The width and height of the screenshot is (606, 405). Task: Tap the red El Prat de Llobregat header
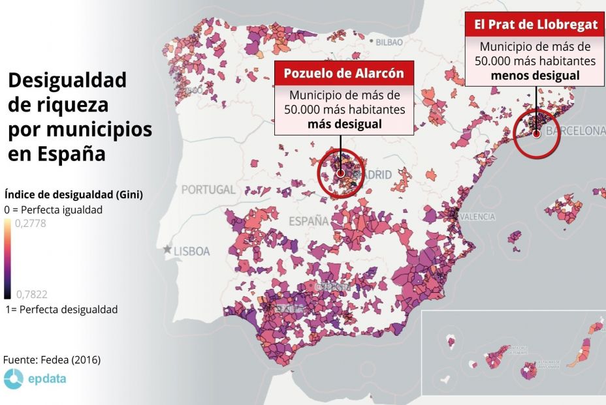click(535, 25)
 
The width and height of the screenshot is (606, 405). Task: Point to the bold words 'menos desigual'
click(535, 75)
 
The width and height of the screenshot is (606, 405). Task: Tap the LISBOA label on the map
click(191, 250)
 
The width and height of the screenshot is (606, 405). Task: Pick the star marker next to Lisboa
click(168, 250)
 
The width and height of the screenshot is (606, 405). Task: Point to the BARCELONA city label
click(575, 132)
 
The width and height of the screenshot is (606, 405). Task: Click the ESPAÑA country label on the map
click(309, 221)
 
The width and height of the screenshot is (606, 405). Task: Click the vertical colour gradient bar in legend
click(7, 258)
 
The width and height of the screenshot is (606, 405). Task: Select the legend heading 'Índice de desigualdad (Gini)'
click(73, 194)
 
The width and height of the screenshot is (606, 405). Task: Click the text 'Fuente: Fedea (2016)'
click(52, 360)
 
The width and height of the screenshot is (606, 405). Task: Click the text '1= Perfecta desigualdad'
click(61, 309)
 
